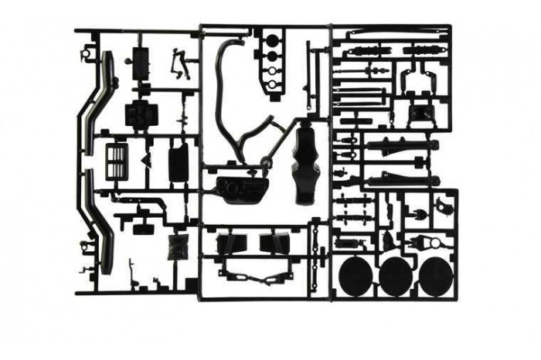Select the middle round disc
(x=396, y=275)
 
